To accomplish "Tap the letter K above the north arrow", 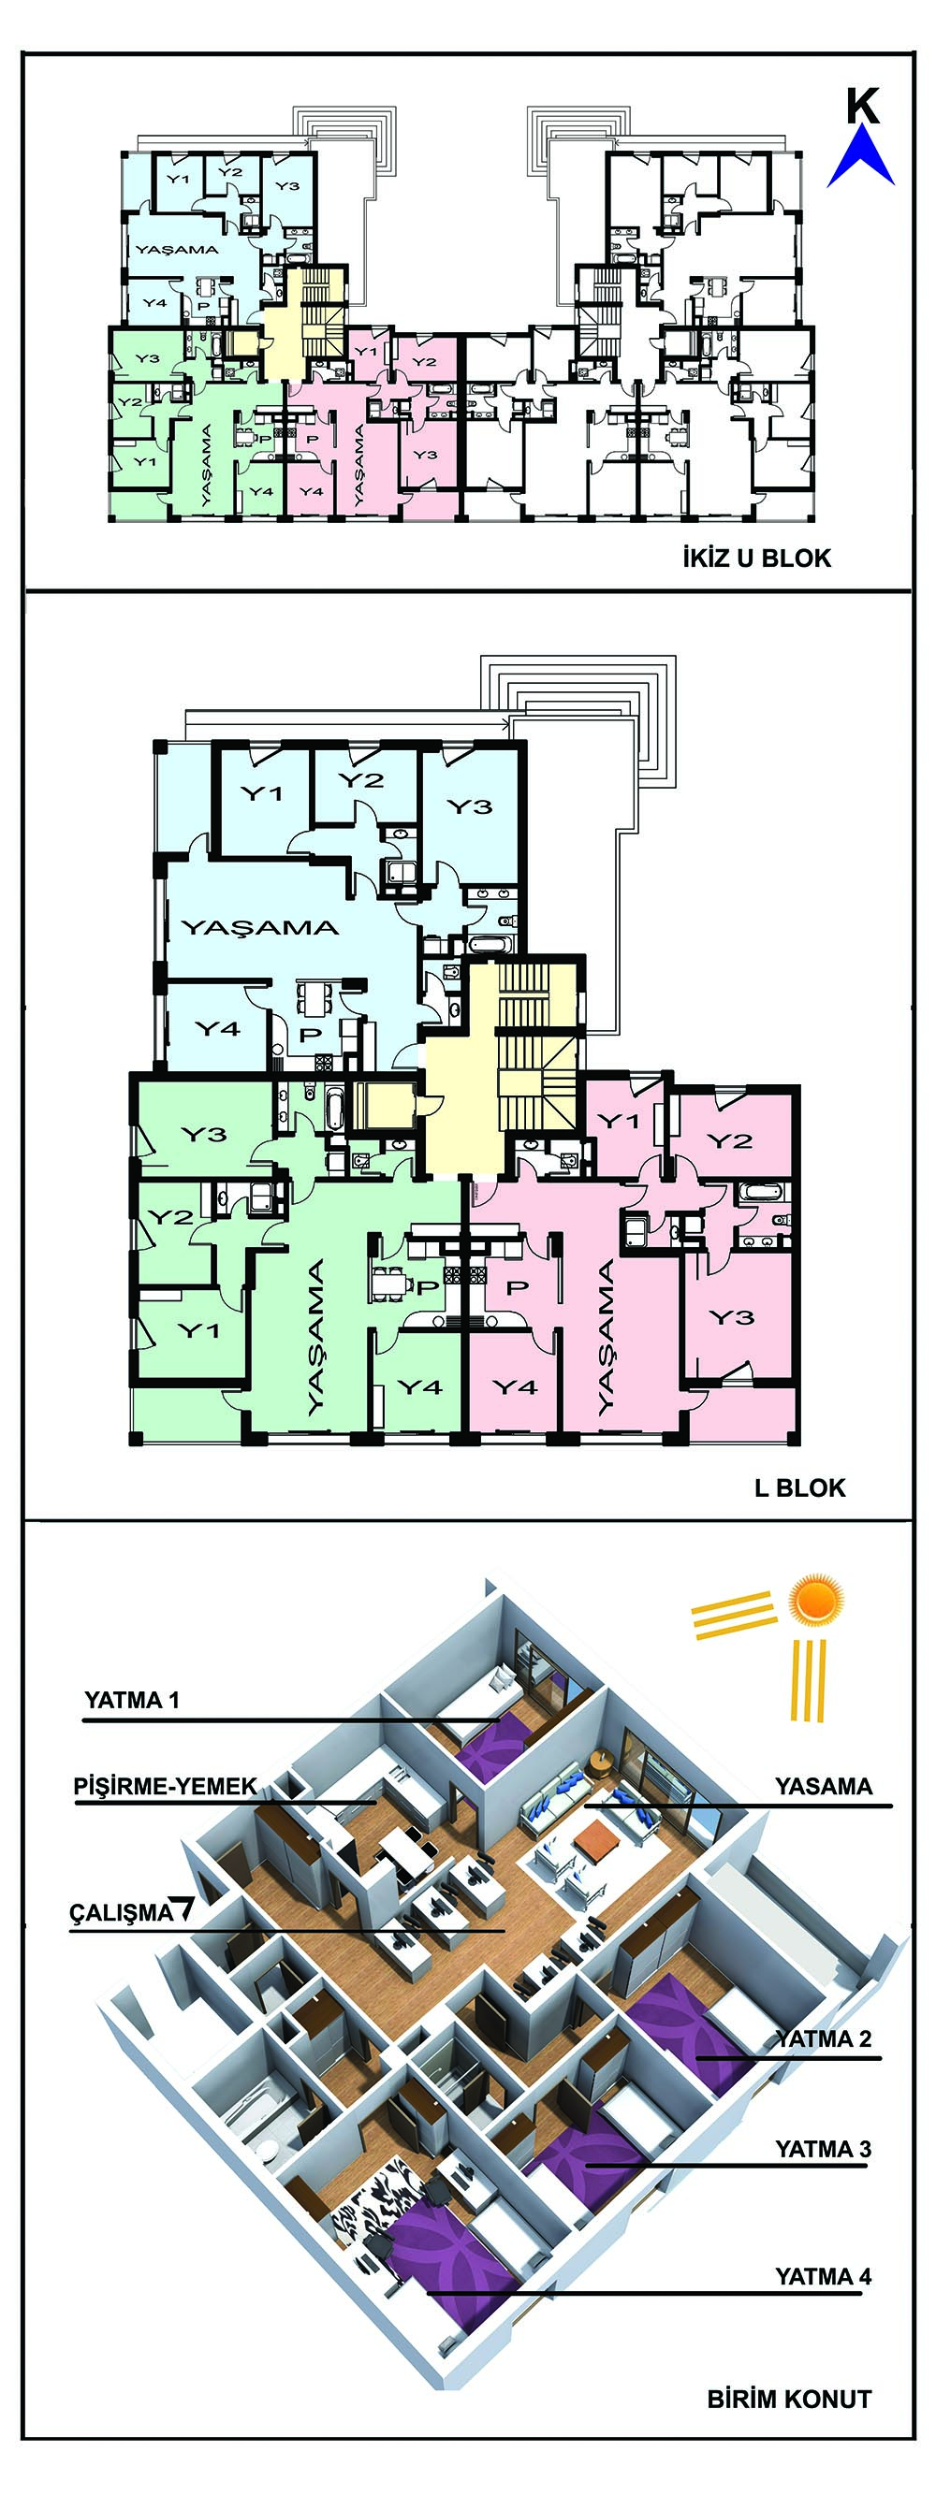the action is (862, 107).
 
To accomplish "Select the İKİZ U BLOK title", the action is (756, 558).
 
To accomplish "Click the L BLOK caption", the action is (799, 1488).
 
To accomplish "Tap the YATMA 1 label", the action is (132, 1699).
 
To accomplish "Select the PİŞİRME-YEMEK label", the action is (166, 1786).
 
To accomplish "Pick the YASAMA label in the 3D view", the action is (824, 1786).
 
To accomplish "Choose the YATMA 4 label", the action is (824, 2275).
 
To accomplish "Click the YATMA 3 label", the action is (824, 2148).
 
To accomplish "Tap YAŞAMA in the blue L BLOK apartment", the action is (260, 928).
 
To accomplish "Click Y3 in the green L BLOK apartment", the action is (203, 1134).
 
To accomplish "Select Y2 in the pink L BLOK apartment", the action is (730, 1140).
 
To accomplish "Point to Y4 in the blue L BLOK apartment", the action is (218, 1027).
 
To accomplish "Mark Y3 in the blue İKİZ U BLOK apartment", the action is (286, 185).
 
